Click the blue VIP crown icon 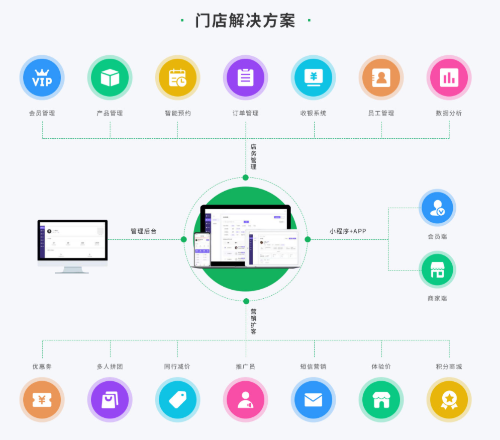coord(42,77)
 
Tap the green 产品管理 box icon coord(110,77)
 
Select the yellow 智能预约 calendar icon coord(177,77)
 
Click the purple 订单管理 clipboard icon coord(245,77)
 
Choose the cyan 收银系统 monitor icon coord(314,77)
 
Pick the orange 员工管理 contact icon coord(381,77)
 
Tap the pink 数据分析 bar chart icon coord(449,77)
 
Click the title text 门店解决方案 coord(245,21)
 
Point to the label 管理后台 coord(144,231)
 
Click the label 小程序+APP coord(348,231)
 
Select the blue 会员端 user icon coord(437,208)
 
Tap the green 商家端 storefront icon coord(437,270)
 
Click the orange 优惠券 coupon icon coord(42,400)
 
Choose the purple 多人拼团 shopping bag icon coord(110,400)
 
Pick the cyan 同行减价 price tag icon coord(177,400)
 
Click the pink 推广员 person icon coord(245,400)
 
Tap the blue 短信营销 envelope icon coord(313,400)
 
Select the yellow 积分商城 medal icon coord(449,400)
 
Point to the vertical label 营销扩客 coord(254,321)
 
